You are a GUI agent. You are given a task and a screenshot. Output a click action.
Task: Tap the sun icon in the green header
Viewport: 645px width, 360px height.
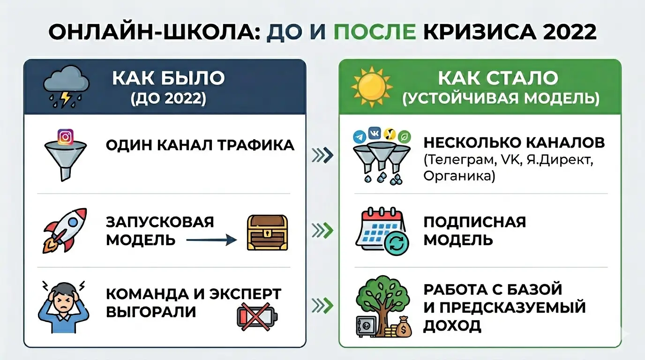372,87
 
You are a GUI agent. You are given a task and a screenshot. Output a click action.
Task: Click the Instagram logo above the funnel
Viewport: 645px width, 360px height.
66,136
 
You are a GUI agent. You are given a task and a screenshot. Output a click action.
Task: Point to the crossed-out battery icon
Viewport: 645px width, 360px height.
256,315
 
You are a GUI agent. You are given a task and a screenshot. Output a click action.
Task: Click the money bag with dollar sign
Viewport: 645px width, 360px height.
402,328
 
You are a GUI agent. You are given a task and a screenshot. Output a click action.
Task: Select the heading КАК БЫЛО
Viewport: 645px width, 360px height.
168,78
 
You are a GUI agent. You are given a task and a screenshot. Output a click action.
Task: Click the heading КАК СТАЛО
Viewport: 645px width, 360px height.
498,78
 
